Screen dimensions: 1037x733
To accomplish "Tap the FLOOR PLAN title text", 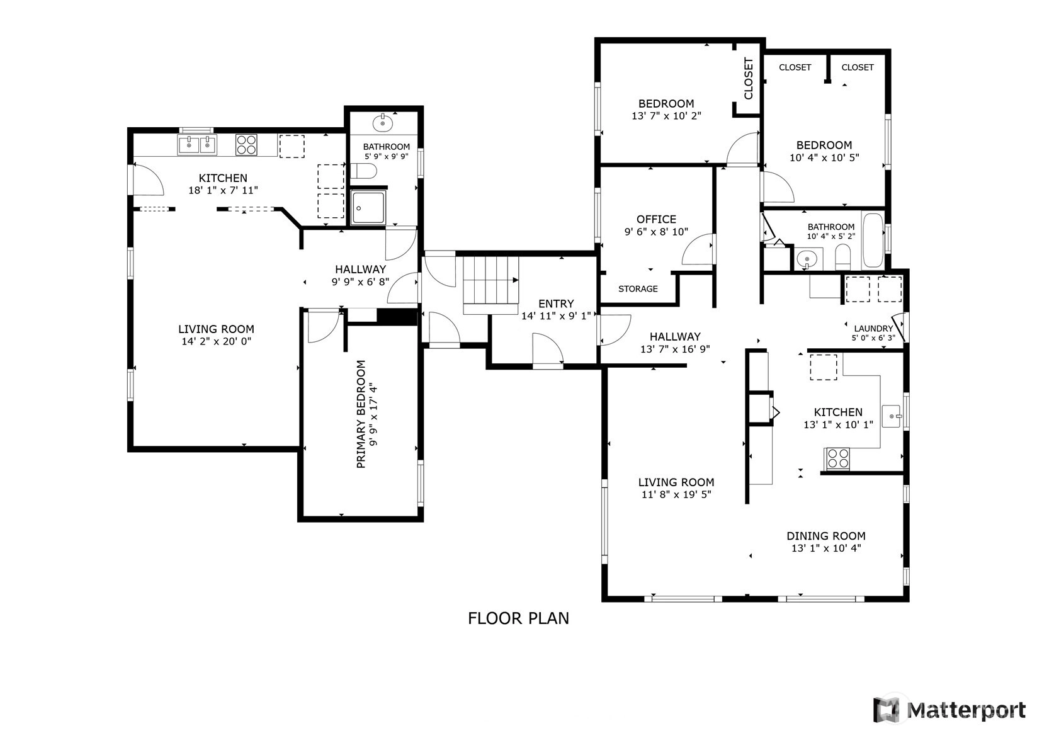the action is [x=518, y=618].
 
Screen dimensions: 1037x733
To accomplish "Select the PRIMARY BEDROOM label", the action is [x=361, y=414].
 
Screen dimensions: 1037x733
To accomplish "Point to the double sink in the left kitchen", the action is [x=197, y=145].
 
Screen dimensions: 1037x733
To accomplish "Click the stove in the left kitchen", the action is [x=246, y=144].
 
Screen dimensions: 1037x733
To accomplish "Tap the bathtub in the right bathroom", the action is [x=873, y=241].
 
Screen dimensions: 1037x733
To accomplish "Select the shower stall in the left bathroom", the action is [x=368, y=207].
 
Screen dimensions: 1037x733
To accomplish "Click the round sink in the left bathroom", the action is [x=383, y=123].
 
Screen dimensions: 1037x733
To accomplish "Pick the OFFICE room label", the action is [x=656, y=219].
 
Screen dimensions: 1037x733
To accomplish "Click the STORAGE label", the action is [x=638, y=289].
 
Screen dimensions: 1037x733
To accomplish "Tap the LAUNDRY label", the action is [x=873, y=328].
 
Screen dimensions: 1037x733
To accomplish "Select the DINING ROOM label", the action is [x=826, y=536].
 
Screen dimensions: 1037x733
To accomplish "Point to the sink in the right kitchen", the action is [x=891, y=416].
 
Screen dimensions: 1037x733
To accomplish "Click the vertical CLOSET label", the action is [x=748, y=78].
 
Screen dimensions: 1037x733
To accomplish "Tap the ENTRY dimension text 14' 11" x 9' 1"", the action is [x=556, y=316].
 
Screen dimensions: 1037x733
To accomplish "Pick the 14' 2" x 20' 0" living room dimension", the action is [x=216, y=342].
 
